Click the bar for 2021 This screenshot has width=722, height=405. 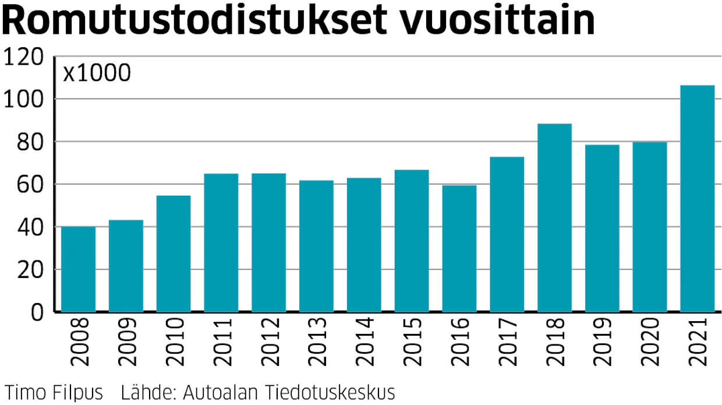coord(697,199)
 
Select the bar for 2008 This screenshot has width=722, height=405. coord(79,269)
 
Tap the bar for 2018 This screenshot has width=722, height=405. coord(554,218)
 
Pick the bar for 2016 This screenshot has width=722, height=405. coord(459,248)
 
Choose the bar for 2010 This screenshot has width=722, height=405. coord(174,253)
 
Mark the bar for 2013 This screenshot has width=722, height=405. coord(316,246)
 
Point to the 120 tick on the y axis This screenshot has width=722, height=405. coord(23,57)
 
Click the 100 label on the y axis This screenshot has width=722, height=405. coord(23,100)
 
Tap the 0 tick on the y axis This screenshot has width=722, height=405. coord(37,312)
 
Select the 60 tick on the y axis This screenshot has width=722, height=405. coord(30,185)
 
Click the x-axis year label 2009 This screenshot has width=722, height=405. coord(127,341)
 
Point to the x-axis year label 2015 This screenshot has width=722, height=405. coord(412,341)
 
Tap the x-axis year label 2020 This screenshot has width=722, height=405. coord(650,341)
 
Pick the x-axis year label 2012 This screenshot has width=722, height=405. coord(270,341)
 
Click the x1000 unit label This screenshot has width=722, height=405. coord(97,73)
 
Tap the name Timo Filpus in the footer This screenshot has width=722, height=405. coord(54,392)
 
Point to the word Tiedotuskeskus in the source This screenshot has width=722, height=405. coord(330,392)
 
